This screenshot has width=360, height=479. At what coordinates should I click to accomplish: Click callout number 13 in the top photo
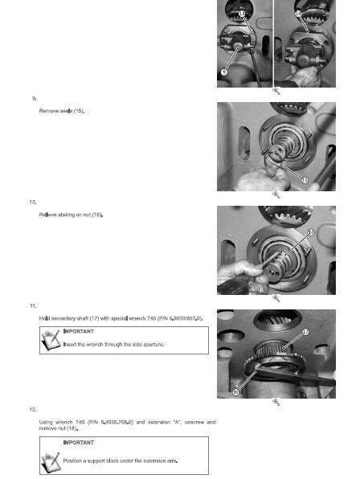[243, 15]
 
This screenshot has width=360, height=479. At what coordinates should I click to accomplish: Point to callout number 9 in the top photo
[225, 72]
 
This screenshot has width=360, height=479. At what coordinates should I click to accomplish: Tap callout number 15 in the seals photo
[305, 179]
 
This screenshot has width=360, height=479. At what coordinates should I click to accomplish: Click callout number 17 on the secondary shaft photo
[327, 331]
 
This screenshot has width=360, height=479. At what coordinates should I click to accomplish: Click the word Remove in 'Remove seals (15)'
[50, 111]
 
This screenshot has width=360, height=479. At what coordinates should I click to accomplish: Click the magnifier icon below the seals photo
[276, 194]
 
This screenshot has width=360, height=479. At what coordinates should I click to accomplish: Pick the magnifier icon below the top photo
[276, 91]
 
